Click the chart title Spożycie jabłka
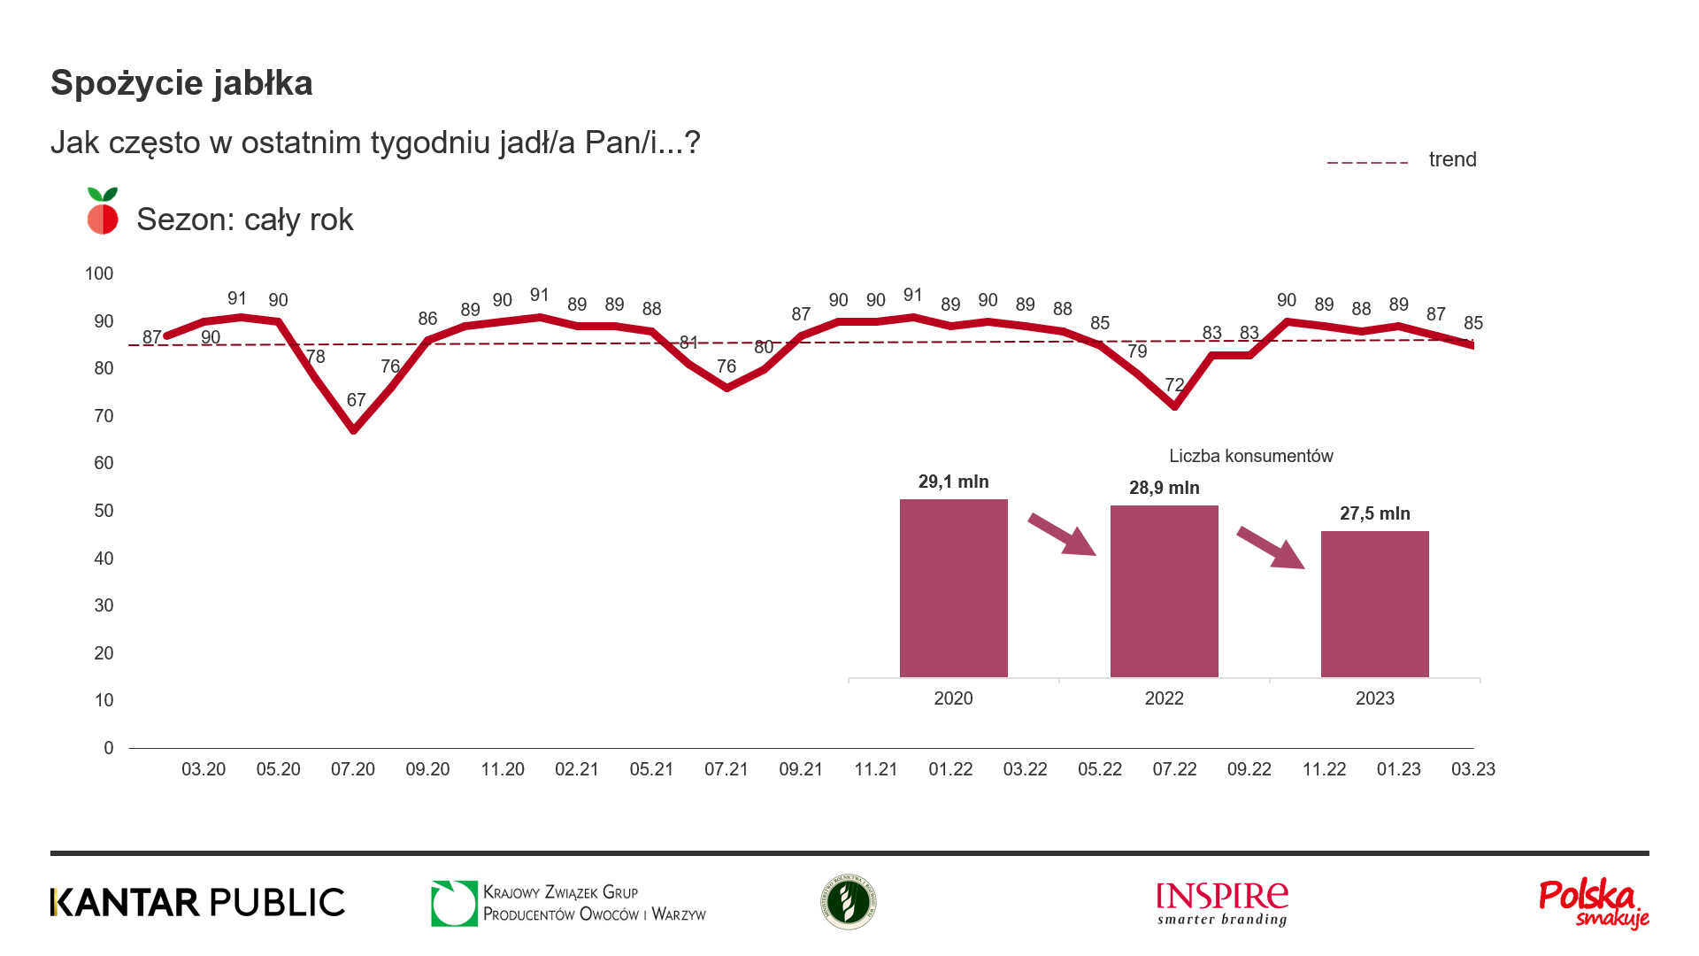point(181,83)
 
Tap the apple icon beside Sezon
point(103,212)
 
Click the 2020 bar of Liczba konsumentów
point(953,588)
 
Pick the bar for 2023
point(1374,604)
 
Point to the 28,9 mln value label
point(1164,488)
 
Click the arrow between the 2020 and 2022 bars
point(1062,535)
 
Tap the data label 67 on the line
point(356,400)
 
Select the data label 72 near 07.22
point(1174,385)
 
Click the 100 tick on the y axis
point(99,274)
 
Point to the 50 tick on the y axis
point(104,511)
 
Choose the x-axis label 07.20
point(353,769)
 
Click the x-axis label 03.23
point(1472,769)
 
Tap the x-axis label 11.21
point(875,769)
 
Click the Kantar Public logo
point(197,902)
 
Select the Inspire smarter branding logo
point(1222,904)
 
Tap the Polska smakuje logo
point(1594,904)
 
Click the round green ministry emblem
point(848,902)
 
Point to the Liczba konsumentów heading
point(1250,456)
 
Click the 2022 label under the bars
point(1164,698)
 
